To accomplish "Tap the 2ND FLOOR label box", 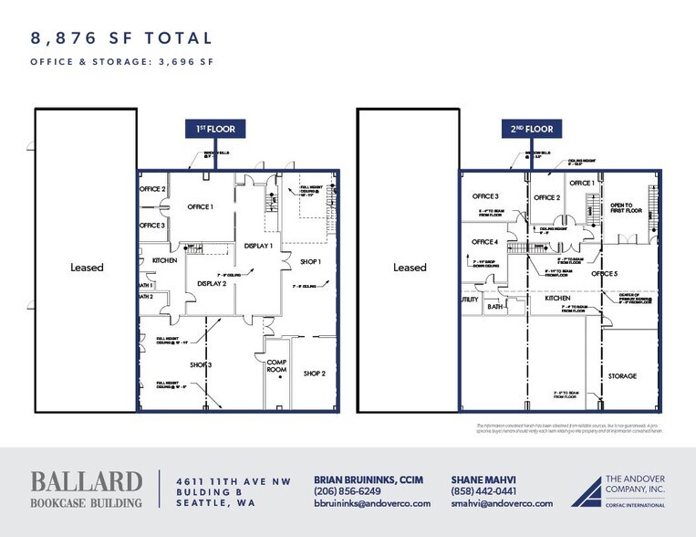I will (x=532, y=130).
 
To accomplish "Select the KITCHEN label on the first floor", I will (x=164, y=260).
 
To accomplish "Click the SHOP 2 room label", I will (x=315, y=373).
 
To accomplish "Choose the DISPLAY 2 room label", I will (x=212, y=283).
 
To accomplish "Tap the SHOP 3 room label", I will (x=201, y=366).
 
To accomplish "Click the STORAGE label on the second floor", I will (x=622, y=375).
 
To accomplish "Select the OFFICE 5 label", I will (x=604, y=273).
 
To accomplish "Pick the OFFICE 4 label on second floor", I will (x=485, y=242).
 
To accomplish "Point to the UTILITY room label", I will (x=469, y=299).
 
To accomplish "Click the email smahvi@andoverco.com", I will (x=502, y=503).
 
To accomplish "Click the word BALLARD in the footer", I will (x=87, y=481).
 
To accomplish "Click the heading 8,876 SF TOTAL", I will (x=122, y=38).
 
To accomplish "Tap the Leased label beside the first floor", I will (x=88, y=268).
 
